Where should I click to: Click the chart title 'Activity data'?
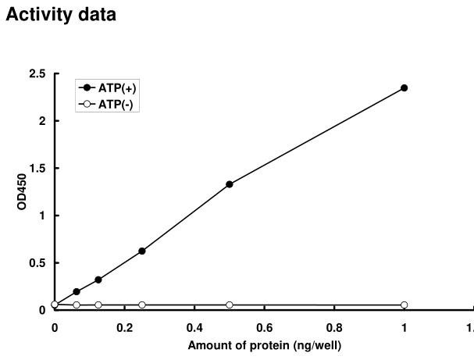coord(61,15)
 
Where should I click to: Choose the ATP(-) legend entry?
coord(109,105)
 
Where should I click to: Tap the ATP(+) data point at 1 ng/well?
coord(404,87)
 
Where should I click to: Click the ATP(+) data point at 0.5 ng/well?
coord(229,184)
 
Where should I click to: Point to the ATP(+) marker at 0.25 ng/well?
coord(142,251)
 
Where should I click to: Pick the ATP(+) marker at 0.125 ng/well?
coord(98,280)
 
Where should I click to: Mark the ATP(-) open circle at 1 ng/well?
coord(404,305)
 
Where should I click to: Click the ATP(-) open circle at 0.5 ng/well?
coord(229,305)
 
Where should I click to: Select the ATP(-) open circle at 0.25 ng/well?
coord(142,305)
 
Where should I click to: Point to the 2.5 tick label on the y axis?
coord(37,73)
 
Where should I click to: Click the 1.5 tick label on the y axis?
coord(37,168)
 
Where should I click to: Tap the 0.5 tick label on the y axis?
coord(37,262)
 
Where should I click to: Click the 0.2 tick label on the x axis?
coord(124,328)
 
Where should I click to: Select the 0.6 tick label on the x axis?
coord(264,328)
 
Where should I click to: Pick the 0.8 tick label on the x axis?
coord(334,328)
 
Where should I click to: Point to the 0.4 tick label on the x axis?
coord(194,328)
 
